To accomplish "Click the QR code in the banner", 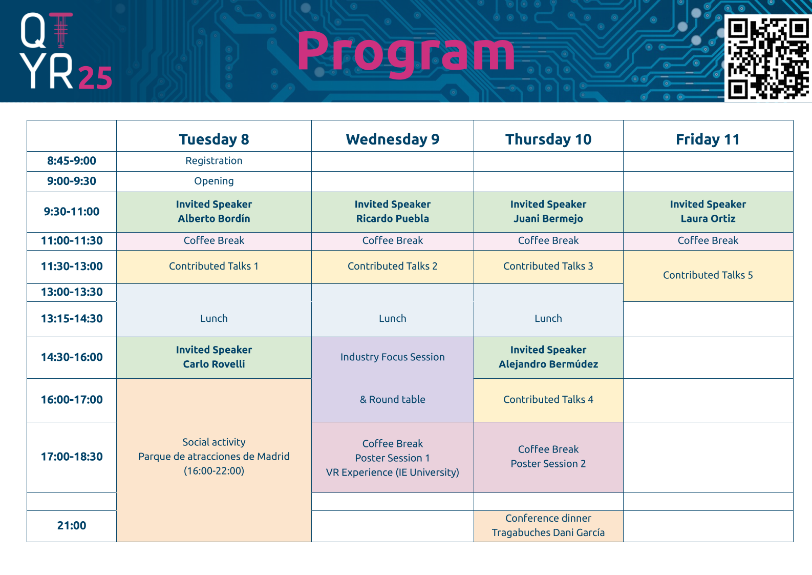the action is coord(768,58).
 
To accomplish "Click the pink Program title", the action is coord(406,54).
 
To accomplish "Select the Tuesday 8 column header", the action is coord(214,139).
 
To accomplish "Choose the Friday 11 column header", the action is coord(708,139).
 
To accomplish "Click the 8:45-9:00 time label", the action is coord(71,161).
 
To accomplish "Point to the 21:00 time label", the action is coord(71,525).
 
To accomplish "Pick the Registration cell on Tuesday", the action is coord(214,161).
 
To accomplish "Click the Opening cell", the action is coord(214,181).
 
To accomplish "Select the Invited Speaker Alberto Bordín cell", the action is coord(214,212).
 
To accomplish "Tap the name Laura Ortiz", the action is coord(708,218).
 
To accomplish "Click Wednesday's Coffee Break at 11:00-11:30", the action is coord(393,241).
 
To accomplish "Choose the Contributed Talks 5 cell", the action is coord(708,276).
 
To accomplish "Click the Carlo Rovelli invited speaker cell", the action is coord(214,357).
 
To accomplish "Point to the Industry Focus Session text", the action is coord(393,357).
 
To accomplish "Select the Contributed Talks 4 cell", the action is coord(548,400).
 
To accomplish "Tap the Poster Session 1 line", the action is coord(393,458).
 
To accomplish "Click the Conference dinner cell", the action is coord(548,526).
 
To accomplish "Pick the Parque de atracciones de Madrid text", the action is coord(214,457).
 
